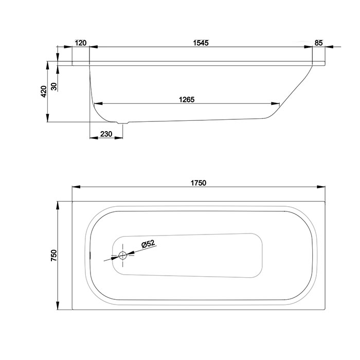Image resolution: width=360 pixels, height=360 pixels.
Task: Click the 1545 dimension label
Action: pos(201,43)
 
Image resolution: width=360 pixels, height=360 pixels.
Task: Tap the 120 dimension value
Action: pos(81,43)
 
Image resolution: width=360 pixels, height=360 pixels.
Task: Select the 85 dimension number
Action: pos(319,43)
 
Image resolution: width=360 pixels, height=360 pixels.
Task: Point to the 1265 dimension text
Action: pos(187,100)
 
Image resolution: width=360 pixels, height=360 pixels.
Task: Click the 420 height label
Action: pos(44,92)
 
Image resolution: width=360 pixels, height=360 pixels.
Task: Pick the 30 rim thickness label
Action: pos(53,86)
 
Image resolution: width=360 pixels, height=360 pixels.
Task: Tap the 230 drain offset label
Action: pos(106,134)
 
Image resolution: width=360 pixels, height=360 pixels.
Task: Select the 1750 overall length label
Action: pos(199,183)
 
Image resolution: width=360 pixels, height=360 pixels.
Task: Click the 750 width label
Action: pos(53,255)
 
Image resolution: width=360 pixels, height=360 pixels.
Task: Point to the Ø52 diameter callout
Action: pos(149,244)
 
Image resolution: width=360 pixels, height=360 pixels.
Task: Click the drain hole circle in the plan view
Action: pos(122,255)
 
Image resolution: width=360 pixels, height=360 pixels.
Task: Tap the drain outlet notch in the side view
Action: pos(123,122)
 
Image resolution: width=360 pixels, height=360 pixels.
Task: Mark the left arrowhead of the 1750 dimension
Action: pos(76,187)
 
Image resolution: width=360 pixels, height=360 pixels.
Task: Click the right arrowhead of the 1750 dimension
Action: pos(321,187)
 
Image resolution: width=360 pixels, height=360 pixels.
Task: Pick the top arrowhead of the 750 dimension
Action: pos(58,206)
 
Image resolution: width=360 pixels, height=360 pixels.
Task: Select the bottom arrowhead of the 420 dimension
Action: pos(47,118)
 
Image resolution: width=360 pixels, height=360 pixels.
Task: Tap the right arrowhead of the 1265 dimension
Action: pos(275,103)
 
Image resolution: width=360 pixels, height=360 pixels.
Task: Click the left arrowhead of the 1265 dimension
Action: pos(99,103)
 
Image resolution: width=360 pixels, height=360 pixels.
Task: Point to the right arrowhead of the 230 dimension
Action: pos(119,138)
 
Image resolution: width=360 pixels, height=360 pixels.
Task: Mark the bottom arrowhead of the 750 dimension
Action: pos(58,305)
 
